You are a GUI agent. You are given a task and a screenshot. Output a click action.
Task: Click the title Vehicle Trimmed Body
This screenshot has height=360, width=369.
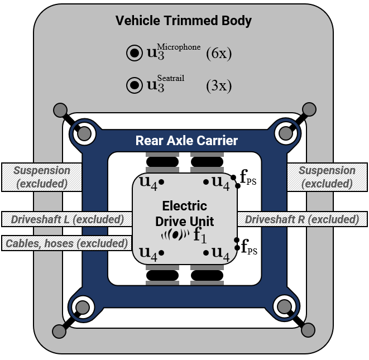(x=184, y=21)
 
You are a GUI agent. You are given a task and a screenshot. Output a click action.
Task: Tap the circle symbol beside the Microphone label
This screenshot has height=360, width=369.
(x=133, y=54)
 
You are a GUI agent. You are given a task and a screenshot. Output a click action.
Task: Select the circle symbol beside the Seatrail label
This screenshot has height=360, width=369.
(x=133, y=85)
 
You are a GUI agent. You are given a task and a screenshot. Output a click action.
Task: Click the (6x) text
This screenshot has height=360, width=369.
(x=218, y=54)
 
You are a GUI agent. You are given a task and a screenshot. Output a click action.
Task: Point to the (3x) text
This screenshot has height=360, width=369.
(x=218, y=85)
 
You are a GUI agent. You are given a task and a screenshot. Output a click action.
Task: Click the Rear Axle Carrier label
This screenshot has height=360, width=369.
(x=186, y=141)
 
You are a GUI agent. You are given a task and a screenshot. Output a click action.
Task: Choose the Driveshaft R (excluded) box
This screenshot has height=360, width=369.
(x=302, y=219)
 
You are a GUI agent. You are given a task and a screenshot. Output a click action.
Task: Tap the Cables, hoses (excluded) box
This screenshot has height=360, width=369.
(x=65, y=243)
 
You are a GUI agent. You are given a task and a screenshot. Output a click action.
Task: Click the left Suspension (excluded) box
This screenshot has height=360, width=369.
(x=42, y=177)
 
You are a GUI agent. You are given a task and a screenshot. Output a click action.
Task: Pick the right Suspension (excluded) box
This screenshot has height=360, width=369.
(x=327, y=177)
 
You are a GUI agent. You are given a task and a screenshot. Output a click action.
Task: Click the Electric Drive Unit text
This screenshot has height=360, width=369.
(x=184, y=214)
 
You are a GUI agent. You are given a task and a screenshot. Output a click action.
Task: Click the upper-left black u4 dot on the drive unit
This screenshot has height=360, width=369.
(x=161, y=182)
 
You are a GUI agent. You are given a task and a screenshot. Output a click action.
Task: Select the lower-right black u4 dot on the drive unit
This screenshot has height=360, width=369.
(x=206, y=253)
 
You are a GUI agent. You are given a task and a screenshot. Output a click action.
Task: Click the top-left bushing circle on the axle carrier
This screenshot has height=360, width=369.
(x=83, y=133)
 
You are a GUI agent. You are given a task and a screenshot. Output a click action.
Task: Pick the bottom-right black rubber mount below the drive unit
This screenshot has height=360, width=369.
(x=207, y=275)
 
